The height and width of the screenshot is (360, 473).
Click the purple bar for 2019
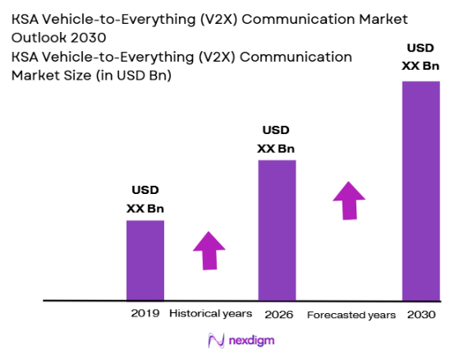(x=145, y=260)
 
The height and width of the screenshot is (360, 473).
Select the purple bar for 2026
(x=277, y=230)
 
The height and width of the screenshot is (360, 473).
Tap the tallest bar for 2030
(x=420, y=191)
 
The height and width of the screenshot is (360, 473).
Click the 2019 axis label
(x=145, y=314)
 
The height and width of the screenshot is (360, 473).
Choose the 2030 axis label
(x=420, y=314)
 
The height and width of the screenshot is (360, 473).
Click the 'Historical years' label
(x=211, y=314)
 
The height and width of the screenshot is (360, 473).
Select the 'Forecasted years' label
(x=351, y=315)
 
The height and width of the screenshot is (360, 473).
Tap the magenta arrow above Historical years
(x=209, y=250)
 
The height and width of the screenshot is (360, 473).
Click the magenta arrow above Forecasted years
(x=350, y=201)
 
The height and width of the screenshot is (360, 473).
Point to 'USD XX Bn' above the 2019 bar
(x=145, y=199)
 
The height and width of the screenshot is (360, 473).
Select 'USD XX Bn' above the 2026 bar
(x=276, y=139)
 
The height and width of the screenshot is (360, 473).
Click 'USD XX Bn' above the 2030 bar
(x=420, y=58)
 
